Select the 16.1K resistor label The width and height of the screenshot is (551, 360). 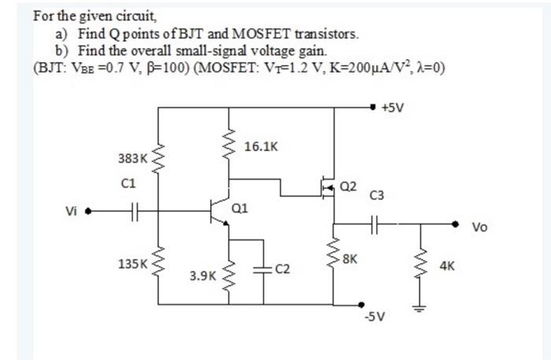coord(261,146)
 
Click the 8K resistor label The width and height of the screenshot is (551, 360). coord(349,258)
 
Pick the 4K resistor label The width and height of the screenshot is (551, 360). coord(446,267)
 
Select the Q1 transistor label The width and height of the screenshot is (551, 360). coord(240,208)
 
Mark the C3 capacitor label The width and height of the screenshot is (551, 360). coord(377,195)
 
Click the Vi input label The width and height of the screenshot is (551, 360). coord(72,211)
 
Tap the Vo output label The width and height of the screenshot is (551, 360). coord(479,228)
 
